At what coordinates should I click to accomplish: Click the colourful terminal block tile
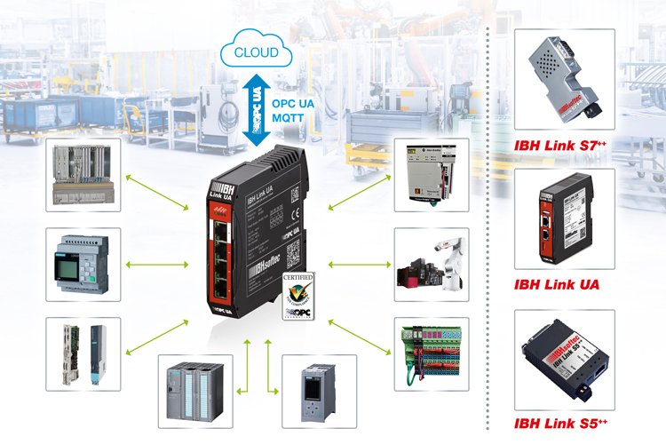point(432,354)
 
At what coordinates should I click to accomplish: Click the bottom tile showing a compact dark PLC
point(318,391)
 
